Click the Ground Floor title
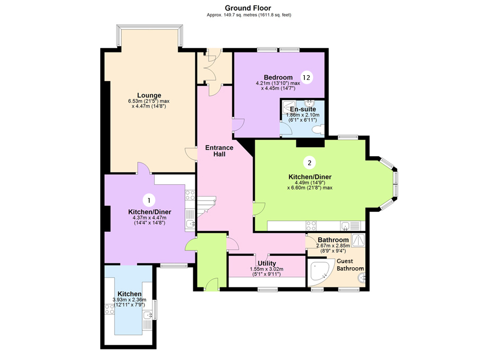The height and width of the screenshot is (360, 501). click(x=248, y=7)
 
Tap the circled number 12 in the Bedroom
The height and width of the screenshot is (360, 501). click(x=307, y=77)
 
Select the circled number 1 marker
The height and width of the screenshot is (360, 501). click(x=149, y=200)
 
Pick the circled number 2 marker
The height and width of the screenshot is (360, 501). click(x=310, y=161)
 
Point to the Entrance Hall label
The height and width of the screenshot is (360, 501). click(x=219, y=151)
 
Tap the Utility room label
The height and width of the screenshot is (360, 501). click(x=266, y=263)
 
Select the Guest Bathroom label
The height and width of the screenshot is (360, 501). click(x=350, y=265)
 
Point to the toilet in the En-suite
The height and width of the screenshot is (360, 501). click(x=318, y=129)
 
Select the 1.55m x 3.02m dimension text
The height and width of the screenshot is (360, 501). click(x=266, y=269)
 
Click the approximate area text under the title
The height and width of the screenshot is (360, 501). click(x=248, y=15)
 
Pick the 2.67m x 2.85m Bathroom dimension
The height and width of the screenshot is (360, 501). click(x=333, y=246)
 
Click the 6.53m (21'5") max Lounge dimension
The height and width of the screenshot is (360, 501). click(x=148, y=101)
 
